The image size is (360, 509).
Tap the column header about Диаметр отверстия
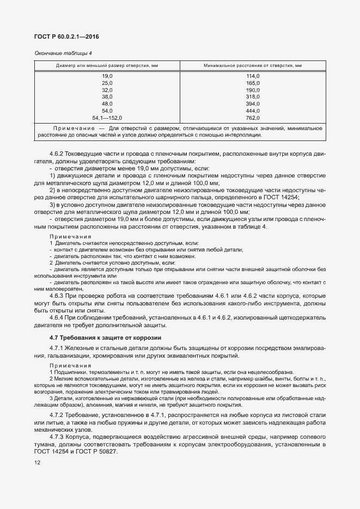tap(107, 65)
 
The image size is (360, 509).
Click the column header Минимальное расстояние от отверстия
tap(252, 65)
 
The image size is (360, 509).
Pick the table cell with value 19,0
tap(107, 76)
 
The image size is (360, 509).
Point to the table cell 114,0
tap(252, 76)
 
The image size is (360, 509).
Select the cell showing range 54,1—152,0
tap(107, 118)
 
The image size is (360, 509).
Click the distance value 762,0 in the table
tap(252, 118)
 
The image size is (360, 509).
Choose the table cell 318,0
tap(252, 97)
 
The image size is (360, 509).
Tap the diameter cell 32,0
tap(107, 90)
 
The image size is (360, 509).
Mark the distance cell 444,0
tap(252, 111)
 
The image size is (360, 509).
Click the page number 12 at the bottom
tap(37, 463)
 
